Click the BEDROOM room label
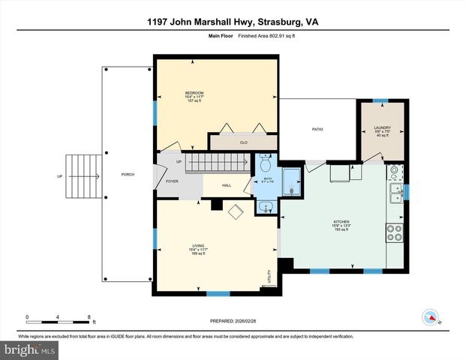pos(194,92)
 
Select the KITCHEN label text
pos(341,223)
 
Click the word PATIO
pos(317,130)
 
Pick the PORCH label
pos(128,176)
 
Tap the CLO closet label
pos(243,141)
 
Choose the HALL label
pos(227,186)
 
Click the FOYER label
pos(172,181)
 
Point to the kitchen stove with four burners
pos(395,234)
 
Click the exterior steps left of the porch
pos(82,176)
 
